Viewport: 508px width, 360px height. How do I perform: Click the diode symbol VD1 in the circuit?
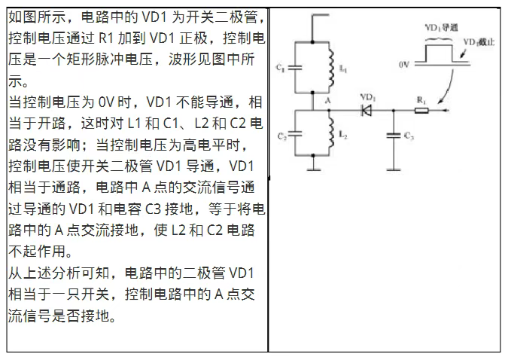pyautogui.click(x=366, y=111)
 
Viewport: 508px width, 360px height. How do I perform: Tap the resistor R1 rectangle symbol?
pyautogui.click(x=421, y=111)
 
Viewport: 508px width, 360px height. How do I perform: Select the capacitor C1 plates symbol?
pyautogui.click(x=295, y=68)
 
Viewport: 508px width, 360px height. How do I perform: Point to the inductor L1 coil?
pyautogui.click(x=331, y=68)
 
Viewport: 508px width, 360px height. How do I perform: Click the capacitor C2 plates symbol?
pyautogui.click(x=295, y=133)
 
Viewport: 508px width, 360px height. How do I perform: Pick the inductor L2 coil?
pyautogui.click(x=331, y=133)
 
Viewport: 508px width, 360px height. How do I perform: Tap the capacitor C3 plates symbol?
pyautogui.click(x=394, y=136)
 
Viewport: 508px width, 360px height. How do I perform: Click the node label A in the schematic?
pyautogui.click(x=328, y=101)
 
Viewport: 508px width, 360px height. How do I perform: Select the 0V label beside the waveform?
pyautogui.click(x=403, y=65)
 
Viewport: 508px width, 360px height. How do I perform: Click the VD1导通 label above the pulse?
pyautogui.click(x=441, y=28)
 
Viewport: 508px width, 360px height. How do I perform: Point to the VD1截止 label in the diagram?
pyautogui.click(x=479, y=42)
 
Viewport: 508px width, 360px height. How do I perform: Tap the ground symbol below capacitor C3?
pyautogui.click(x=394, y=169)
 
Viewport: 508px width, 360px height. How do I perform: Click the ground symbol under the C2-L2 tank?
pyautogui.click(x=313, y=169)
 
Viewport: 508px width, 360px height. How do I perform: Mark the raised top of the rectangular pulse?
pyautogui.click(x=439, y=45)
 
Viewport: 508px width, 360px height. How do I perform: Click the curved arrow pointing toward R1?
pyautogui.click(x=446, y=87)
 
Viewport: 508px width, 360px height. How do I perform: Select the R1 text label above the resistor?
pyautogui.click(x=421, y=100)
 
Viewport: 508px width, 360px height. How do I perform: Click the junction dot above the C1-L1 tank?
pyautogui.click(x=312, y=42)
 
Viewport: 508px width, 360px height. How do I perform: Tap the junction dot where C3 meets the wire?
pyautogui.click(x=394, y=111)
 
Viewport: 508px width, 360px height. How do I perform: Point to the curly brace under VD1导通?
pyautogui.click(x=439, y=39)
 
